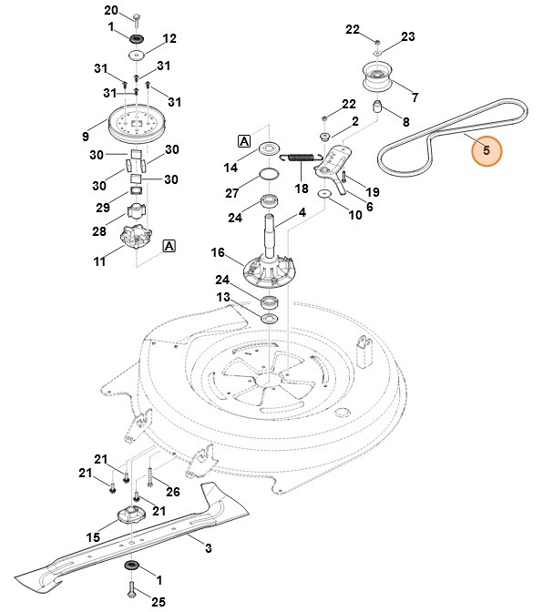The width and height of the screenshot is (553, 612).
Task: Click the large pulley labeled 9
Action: tap(134, 123)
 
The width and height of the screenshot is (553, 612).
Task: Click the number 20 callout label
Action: tap(137, 10)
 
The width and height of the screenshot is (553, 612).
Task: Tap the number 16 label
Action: tap(218, 252)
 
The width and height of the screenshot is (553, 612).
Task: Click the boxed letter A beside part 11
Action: tap(169, 245)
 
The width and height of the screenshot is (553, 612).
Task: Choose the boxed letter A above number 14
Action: tap(244, 140)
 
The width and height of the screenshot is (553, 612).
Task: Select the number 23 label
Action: tap(407, 36)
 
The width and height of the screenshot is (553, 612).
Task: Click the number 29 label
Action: tap(104, 208)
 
